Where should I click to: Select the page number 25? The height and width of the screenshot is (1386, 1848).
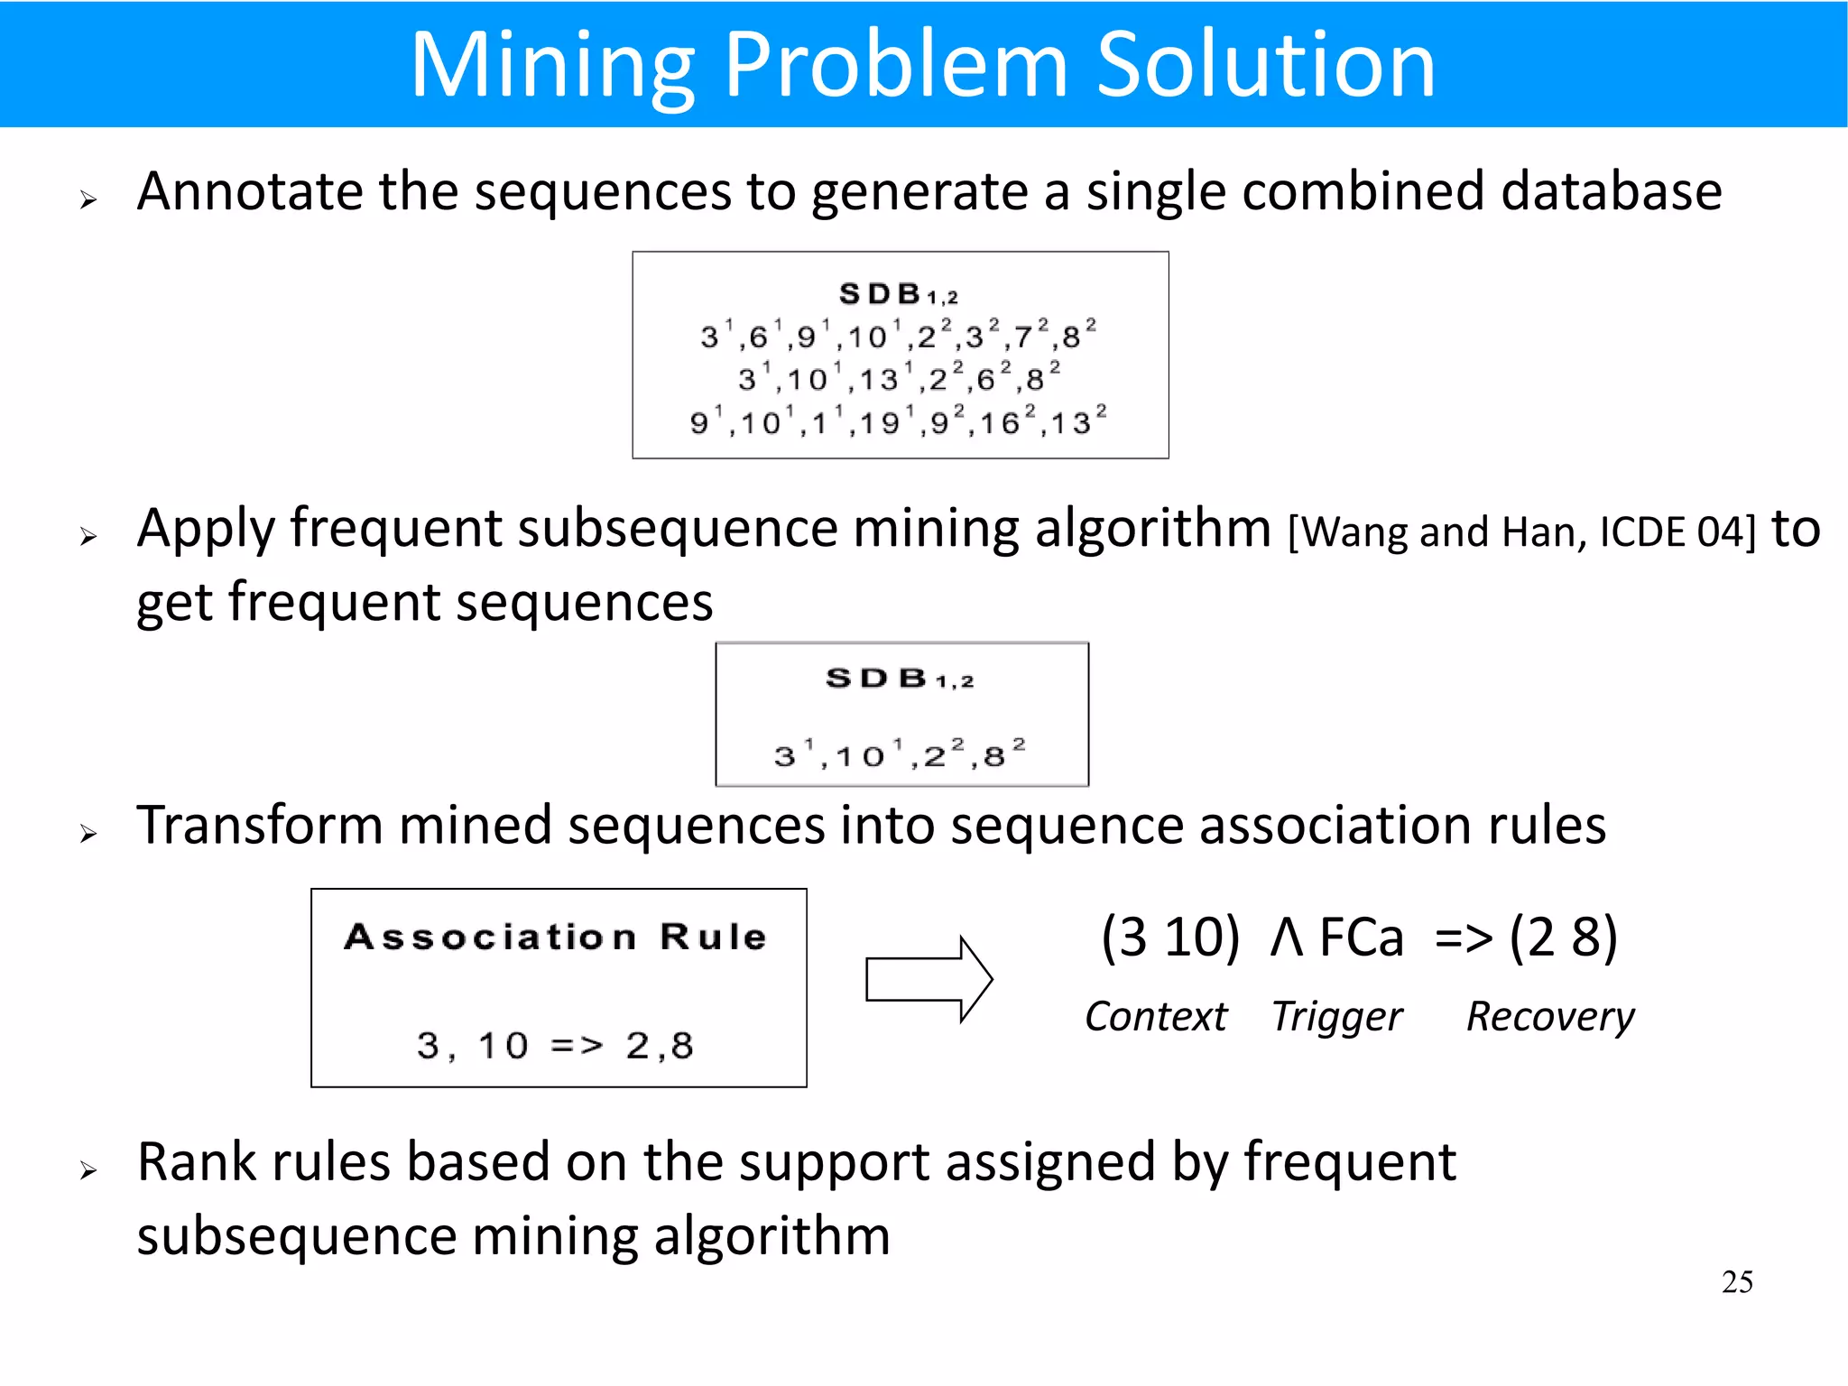pos(1737,1282)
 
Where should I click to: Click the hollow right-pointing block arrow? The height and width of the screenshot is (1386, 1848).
pos(929,980)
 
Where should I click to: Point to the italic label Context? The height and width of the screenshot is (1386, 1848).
pos(1156,1017)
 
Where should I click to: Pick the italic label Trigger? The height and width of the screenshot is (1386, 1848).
pos(1336,1018)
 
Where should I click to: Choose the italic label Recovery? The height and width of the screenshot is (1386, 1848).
pos(1549,1018)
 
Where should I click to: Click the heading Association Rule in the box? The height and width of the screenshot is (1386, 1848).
pos(556,938)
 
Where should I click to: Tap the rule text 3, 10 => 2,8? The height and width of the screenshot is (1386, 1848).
pos(555,1046)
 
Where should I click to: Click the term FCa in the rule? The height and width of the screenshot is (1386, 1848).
pos(1362,938)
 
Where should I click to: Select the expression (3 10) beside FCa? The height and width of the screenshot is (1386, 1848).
pos(1170,938)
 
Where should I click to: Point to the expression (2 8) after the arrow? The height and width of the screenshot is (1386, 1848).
pos(1563,938)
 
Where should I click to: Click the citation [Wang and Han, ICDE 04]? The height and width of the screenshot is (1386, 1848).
pos(1521,532)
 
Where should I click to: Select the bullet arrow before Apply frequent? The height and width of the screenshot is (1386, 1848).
pos(88,538)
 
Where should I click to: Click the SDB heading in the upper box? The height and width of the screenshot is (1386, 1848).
pos(899,294)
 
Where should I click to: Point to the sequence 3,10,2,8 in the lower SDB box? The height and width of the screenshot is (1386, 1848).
pos(900,754)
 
